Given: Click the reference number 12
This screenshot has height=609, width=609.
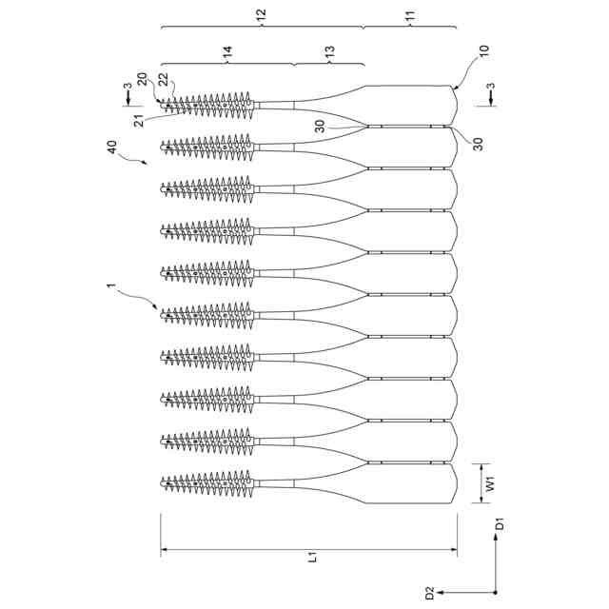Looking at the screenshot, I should point(261,15).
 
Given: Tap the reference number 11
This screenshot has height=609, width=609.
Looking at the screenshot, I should point(410,15).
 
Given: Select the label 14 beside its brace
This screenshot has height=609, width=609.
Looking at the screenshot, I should point(227,57).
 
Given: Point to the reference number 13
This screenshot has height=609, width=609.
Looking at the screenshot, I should point(329,57).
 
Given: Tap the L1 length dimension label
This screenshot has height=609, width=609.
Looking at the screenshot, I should point(310,561).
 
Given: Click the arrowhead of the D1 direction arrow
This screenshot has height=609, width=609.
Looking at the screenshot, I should point(495,539).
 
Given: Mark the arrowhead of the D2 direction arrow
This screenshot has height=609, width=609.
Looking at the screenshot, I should point(456,592).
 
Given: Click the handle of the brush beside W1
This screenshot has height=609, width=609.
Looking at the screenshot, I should point(409,485).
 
